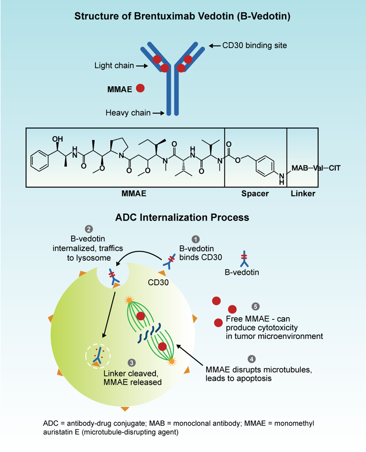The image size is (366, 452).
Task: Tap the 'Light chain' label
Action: pos(114,65)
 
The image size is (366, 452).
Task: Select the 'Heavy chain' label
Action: pos(128,113)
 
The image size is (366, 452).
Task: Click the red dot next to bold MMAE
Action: pos(140,88)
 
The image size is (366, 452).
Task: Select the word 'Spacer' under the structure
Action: pos(255,194)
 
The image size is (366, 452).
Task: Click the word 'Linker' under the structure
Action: pos(303,194)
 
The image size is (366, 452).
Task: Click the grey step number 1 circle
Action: pos(196,239)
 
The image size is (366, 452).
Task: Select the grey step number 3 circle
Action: pos(132,363)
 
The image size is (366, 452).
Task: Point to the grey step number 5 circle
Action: pos(255,306)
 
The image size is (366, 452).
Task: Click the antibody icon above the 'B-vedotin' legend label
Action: pos(243,257)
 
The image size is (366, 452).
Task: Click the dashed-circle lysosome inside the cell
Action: pos(98,354)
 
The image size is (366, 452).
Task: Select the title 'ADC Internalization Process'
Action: pos(182,217)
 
